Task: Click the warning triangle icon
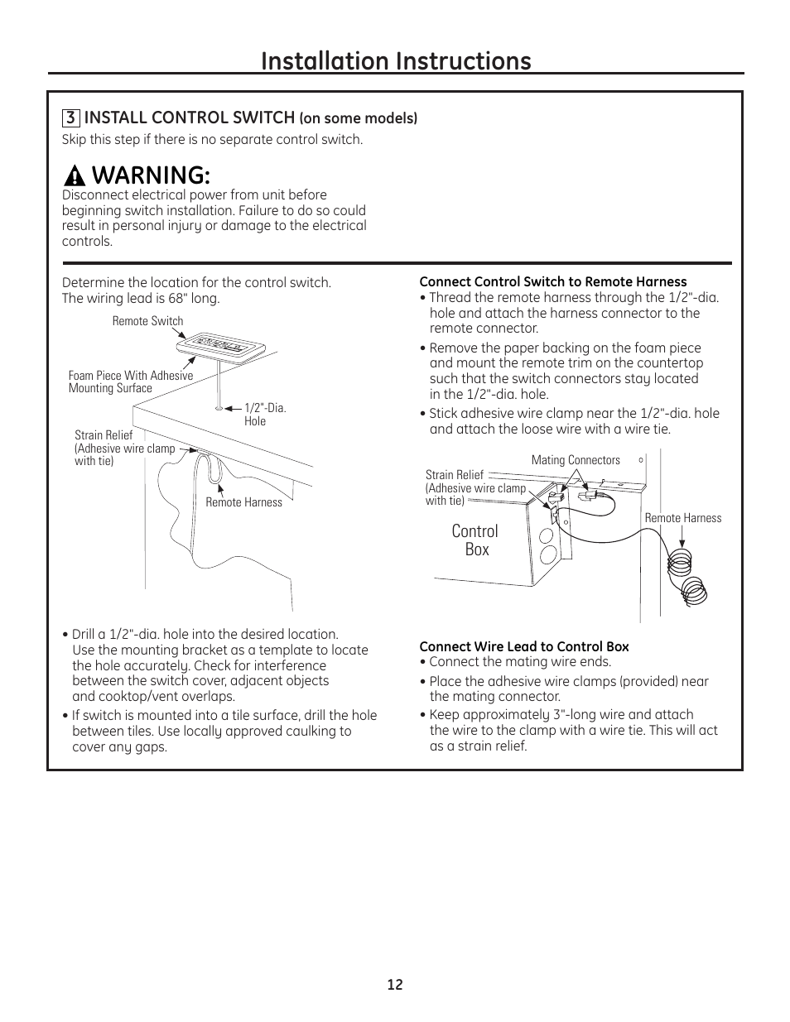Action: pyautogui.click(x=75, y=176)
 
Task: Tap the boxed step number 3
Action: pyautogui.click(x=70, y=118)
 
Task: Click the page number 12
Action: pyautogui.click(x=394, y=985)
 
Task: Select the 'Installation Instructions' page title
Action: pyautogui.click(x=395, y=60)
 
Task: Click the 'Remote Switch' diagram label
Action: pyautogui.click(x=147, y=321)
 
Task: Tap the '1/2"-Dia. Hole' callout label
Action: pyautogui.click(x=265, y=415)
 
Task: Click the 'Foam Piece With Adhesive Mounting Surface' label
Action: pyautogui.click(x=130, y=381)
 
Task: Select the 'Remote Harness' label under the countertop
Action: pyautogui.click(x=243, y=502)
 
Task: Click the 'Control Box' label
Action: pyautogui.click(x=475, y=540)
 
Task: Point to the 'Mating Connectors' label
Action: pyautogui.click(x=576, y=460)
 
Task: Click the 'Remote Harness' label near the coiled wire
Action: pyautogui.click(x=682, y=518)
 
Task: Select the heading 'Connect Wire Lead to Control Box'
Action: pyautogui.click(x=523, y=647)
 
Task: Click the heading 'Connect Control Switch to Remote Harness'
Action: pyautogui.click(x=552, y=282)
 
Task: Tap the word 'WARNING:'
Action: pyautogui.click(x=150, y=175)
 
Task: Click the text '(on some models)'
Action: pyautogui.click(x=358, y=118)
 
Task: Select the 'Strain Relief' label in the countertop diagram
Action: pyautogui.click(x=104, y=435)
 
